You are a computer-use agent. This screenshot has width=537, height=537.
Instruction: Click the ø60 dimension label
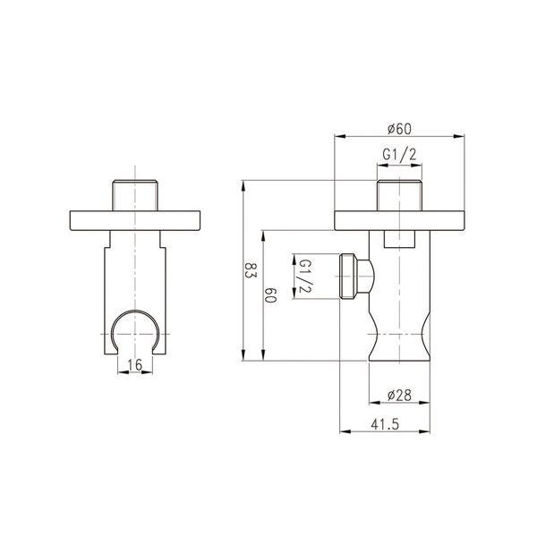pos(399,129)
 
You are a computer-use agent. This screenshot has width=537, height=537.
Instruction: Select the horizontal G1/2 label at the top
pos(399,155)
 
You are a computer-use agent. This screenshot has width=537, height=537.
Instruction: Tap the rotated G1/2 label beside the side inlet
pos(305,276)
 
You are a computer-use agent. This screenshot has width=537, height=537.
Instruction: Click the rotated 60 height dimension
pos(270,294)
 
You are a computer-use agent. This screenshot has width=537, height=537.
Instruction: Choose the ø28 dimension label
pos(399,396)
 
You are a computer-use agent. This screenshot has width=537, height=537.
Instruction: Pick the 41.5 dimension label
pos(385,424)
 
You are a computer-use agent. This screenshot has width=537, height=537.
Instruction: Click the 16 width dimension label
pos(135,365)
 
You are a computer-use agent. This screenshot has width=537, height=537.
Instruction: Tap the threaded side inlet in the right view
pos(354,276)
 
